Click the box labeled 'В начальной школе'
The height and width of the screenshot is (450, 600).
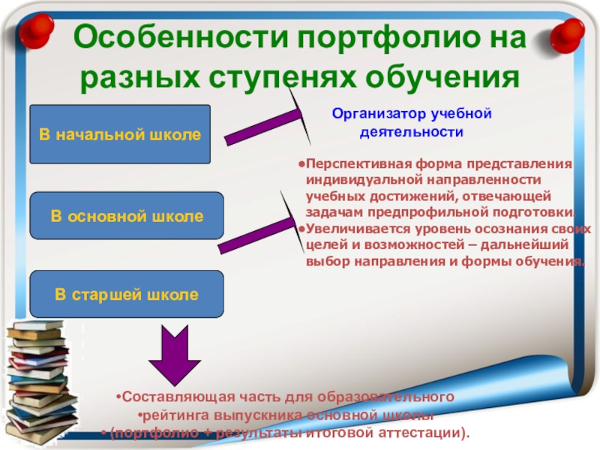119,134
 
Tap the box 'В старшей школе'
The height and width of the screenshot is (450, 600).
126,294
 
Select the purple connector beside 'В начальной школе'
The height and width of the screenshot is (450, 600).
256,127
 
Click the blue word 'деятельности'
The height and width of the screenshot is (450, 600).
408,132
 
